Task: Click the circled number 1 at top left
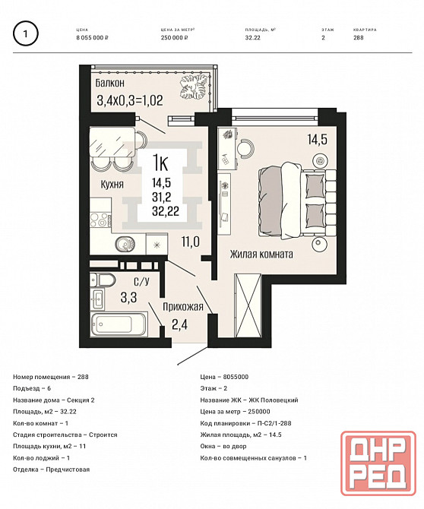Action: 25,33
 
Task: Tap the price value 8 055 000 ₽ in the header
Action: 92,38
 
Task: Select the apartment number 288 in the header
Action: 359,38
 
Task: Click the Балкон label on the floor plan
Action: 109,83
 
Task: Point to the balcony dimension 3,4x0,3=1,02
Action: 130,100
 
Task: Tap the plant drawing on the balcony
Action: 194,87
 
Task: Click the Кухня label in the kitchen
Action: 112,185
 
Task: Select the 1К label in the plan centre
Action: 160,163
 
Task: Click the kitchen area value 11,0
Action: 191,242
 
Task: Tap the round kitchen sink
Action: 125,244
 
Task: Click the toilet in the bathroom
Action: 103,280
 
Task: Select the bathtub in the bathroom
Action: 119,324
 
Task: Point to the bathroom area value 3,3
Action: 129,297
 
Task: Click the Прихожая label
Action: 183,307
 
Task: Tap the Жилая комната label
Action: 261,254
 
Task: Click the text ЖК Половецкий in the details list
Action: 274,400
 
